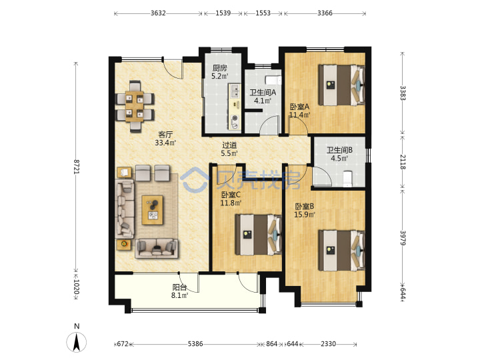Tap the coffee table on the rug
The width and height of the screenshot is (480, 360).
tap(153, 210)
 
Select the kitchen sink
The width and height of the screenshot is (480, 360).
tap(235, 91)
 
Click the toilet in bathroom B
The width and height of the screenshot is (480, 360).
tap(347, 179)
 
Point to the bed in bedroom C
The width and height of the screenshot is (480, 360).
tap(259, 235)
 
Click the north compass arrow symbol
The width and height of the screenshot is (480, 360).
tap(77, 342)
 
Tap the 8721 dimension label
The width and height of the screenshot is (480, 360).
tap(76, 167)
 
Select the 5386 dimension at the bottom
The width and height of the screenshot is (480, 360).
tap(195, 344)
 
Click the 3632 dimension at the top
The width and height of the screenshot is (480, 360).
tap(158, 13)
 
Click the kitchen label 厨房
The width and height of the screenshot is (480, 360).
tap(219, 68)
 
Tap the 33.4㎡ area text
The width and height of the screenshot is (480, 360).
tap(165, 143)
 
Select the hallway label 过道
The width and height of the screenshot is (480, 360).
tap(229, 145)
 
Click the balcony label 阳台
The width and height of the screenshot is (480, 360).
tap(179, 287)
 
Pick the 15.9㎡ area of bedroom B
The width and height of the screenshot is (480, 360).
tap(305, 215)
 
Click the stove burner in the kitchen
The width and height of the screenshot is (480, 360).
tap(235, 118)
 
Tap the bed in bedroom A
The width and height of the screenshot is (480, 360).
tap(341, 85)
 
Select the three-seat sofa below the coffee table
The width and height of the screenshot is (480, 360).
tap(157, 247)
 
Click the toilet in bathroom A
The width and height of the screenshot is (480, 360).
tap(273, 79)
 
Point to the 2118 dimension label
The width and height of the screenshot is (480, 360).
tap(403, 162)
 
